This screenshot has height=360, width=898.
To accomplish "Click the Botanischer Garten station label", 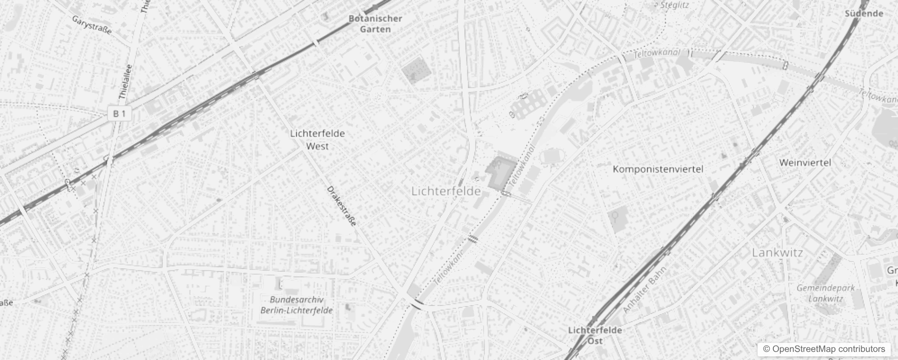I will tap(375, 24).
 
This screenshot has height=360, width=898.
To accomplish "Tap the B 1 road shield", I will tap(119, 113).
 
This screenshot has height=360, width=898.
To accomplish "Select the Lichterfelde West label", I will tap(317, 139).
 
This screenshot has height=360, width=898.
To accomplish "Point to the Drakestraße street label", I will tap(341, 206).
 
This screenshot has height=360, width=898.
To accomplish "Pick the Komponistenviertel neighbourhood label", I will tap(658, 169).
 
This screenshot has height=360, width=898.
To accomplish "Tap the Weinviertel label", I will tap(805, 162).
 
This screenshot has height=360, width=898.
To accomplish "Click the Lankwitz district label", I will tap(777, 252).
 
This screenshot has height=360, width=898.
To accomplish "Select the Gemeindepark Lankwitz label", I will tap(825, 293).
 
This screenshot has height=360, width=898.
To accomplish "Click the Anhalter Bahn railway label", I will tap(644, 290).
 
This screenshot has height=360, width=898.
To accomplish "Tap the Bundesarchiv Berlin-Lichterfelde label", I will tap(296, 305).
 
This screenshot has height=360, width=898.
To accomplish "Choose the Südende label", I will tap(864, 13).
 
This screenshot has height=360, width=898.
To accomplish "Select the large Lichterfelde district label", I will tap(446, 191).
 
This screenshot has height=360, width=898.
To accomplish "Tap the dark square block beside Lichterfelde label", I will tap(501, 173).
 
